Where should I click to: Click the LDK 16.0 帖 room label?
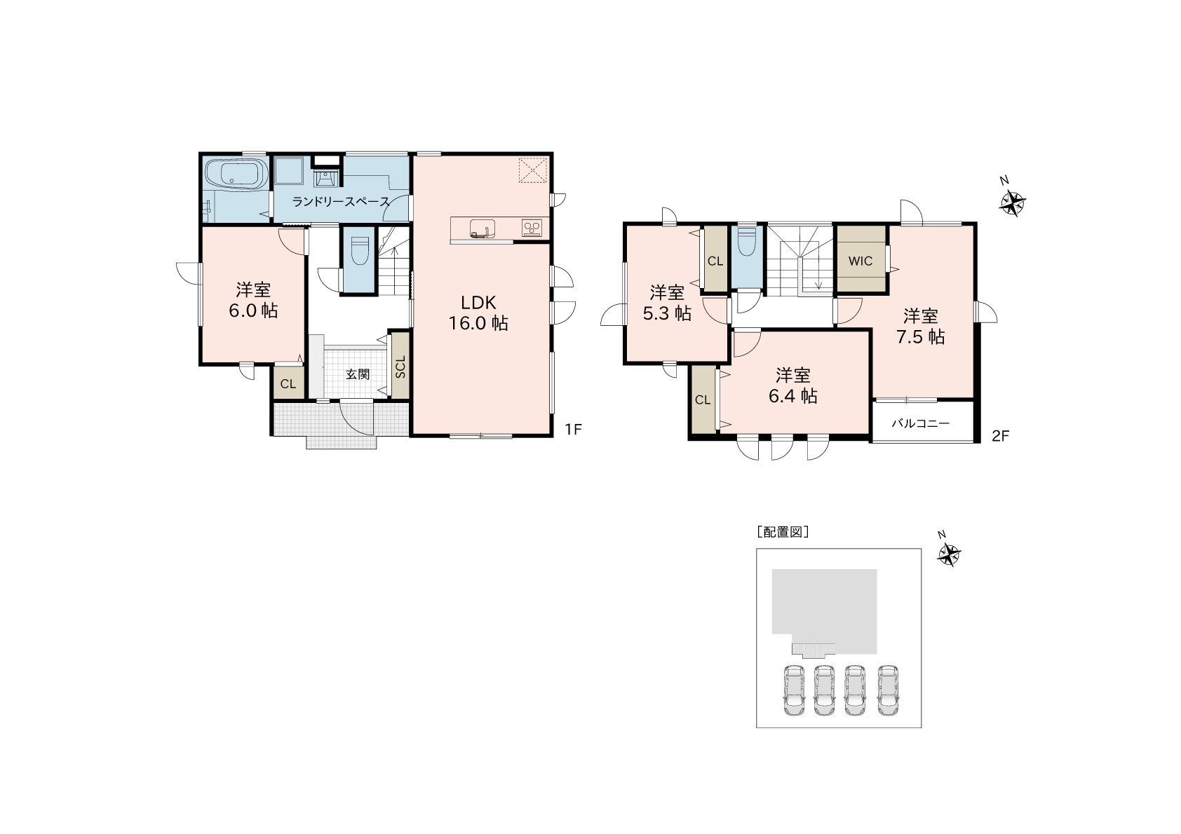(478, 313)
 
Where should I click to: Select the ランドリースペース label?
(341, 201)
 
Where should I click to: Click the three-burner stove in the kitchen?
(532, 228)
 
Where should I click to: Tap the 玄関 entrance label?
(358, 374)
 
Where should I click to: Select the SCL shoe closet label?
(400, 367)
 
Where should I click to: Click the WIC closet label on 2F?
(861, 261)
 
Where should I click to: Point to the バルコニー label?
(921, 423)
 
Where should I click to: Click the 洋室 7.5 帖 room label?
(921, 327)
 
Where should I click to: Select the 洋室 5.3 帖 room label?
(667, 303)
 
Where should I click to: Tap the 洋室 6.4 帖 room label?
(793, 385)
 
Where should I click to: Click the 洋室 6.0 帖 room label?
(253, 300)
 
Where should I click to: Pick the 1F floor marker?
(574, 430)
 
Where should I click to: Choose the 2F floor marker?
(1000, 436)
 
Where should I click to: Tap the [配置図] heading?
(783, 532)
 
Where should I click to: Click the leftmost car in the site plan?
(794, 690)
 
